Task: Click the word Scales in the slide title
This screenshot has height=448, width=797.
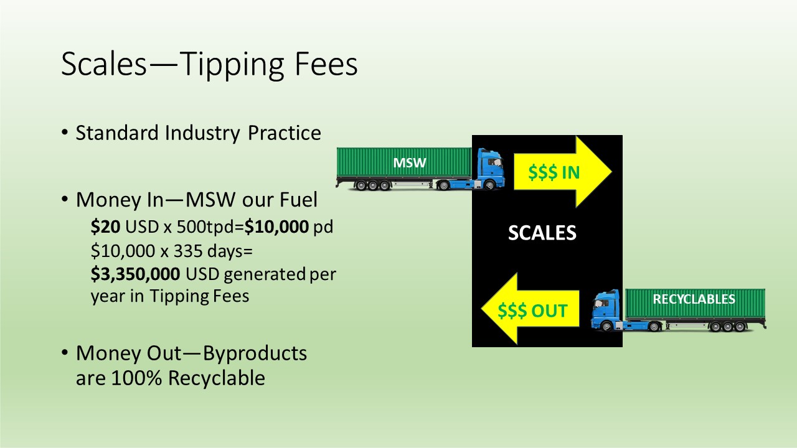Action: tap(104, 64)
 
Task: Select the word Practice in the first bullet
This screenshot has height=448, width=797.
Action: tap(285, 133)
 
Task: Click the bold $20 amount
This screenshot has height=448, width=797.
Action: tap(105, 226)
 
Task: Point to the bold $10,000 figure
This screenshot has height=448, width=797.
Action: tap(276, 226)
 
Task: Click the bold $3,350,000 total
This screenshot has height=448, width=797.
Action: tap(135, 274)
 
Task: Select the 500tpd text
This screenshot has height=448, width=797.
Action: tap(207, 227)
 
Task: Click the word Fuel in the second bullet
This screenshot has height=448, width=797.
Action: tap(298, 200)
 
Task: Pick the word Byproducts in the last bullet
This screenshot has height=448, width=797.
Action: tap(255, 354)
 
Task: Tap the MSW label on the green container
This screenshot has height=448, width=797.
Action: tap(410, 163)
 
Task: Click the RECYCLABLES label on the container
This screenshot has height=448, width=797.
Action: tap(694, 299)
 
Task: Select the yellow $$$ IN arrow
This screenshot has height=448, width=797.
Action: tap(563, 172)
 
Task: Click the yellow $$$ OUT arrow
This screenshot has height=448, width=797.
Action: tap(530, 309)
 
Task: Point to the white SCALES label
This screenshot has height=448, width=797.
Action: tap(542, 233)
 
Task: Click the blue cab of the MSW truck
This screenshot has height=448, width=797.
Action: tap(490, 168)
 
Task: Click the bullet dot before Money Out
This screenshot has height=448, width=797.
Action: tap(64, 353)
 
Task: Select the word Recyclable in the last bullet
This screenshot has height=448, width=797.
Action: tap(217, 378)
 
